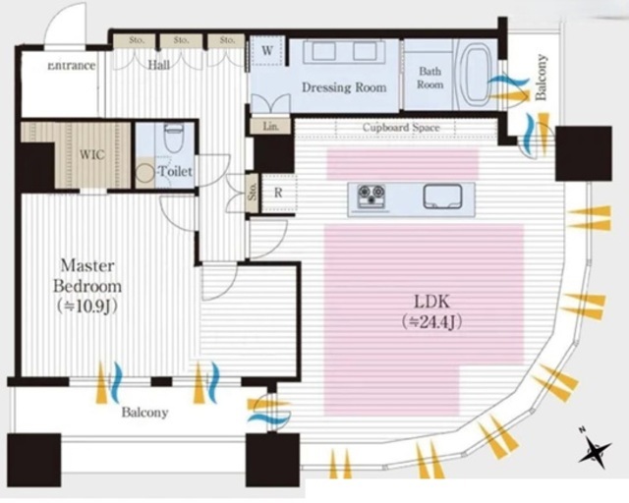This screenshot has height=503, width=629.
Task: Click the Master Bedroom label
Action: tap(87, 276)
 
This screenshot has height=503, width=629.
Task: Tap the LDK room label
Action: tap(431, 301)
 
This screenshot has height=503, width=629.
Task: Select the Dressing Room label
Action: tap(344, 87)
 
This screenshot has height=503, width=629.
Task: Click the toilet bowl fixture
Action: tap(173, 138)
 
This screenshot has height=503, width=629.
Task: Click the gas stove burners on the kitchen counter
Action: tap(372, 196)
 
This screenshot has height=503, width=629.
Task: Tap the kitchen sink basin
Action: tap(443, 196)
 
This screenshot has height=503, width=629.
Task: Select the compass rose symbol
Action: tap(595, 448)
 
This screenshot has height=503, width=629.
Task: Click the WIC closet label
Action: tap(91, 155)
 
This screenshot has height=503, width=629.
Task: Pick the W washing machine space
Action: tap(266, 51)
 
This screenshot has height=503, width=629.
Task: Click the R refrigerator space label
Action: tap(278, 193)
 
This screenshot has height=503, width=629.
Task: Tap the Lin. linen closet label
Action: tap(271, 127)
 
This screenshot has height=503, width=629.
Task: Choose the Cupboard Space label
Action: tap(401, 128)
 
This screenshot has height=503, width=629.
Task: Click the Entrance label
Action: tap(72, 66)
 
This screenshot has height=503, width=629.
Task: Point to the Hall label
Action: tap(159, 65)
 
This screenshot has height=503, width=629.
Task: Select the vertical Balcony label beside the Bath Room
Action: tap(542, 77)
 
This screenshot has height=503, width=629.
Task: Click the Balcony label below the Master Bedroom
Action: tap(144, 413)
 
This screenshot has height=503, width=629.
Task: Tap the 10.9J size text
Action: tap(87, 307)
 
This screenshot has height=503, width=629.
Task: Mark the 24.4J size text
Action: tap(431, 321)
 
